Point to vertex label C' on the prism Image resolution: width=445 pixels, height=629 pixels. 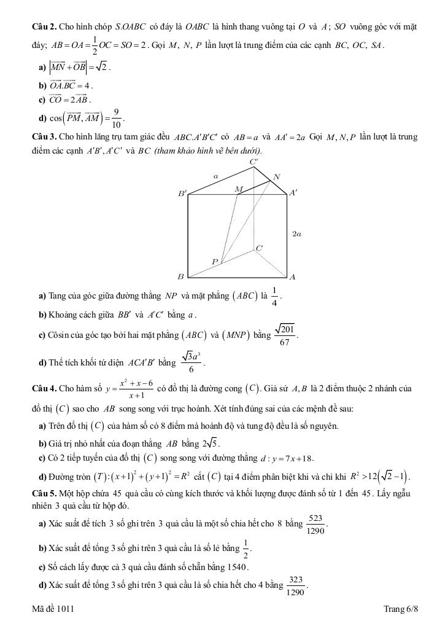(x=254, y=162)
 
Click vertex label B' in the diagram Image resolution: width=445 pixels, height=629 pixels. (x=182, y=193)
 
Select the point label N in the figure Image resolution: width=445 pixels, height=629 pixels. (x=276, y=177)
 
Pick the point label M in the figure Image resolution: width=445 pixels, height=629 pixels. (x=239, y=189)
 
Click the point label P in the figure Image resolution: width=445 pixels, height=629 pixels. (x=215, y=262)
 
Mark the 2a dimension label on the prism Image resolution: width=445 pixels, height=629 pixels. (x=296, y=234)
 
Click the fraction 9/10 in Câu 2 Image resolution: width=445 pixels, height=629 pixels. (x=116, y=117)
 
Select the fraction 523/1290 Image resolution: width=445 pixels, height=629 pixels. (x=316, y=524)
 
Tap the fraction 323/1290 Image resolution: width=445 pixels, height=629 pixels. (x=296, y=585)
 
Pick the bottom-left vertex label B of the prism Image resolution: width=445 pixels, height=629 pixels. (x=180, y=277)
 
